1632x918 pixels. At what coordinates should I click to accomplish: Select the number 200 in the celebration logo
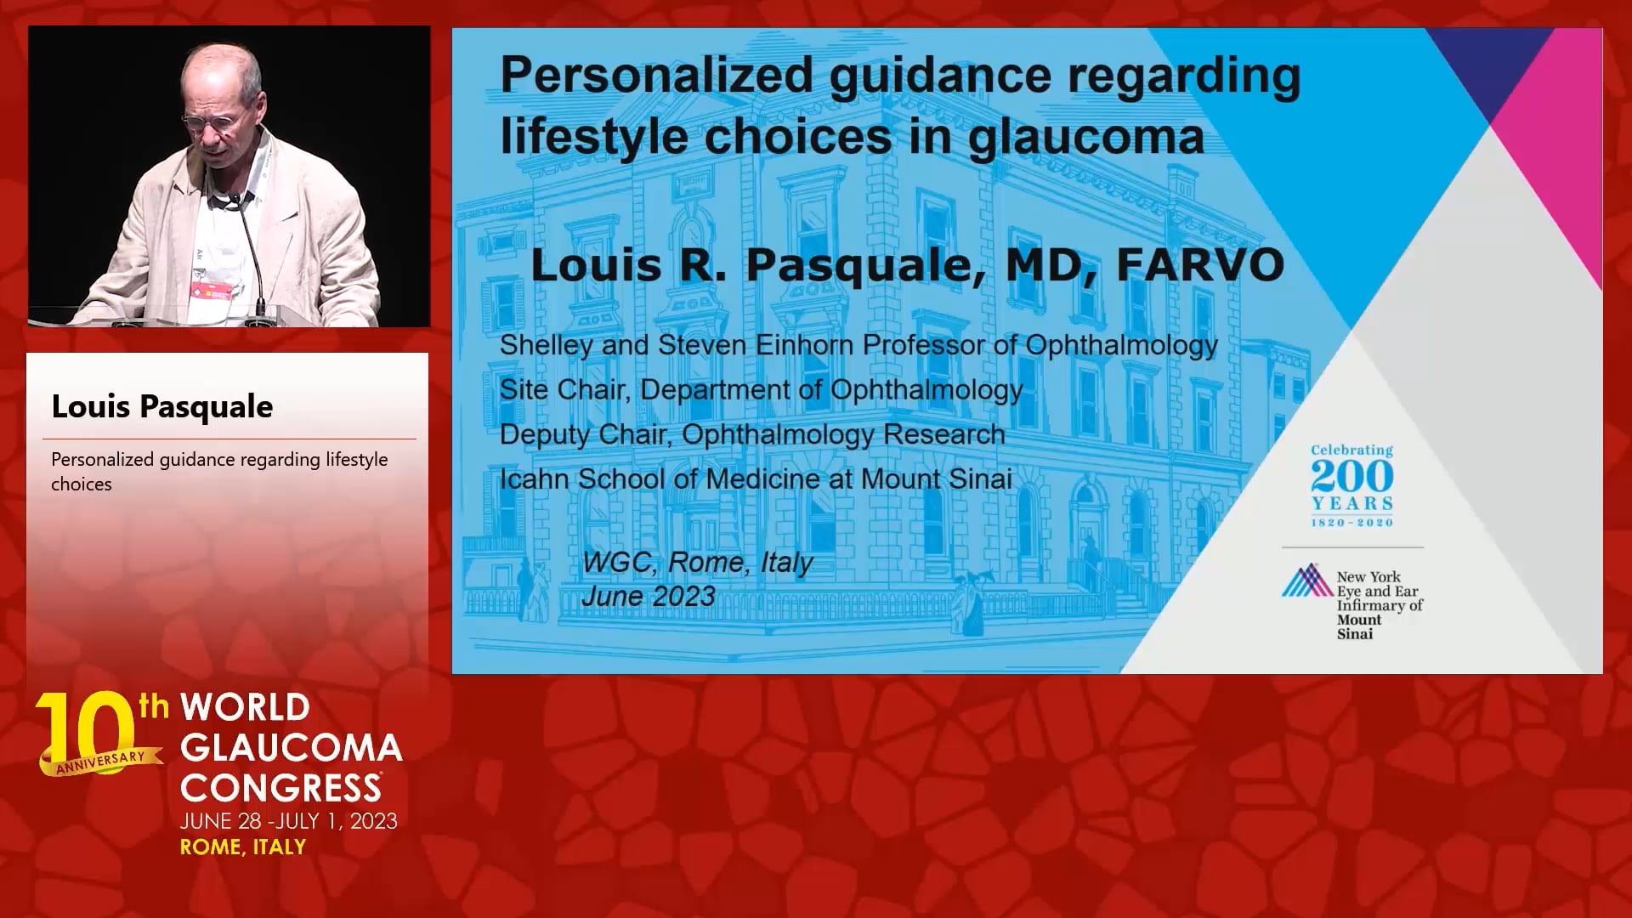[1351, 477]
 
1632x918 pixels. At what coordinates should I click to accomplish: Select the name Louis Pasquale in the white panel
[162, 406]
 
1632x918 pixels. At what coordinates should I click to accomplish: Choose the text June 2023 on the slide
[649, 597]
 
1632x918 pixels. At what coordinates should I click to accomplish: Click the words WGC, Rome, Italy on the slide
[698, 562]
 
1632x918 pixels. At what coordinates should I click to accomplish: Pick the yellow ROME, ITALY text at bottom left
[243, 847]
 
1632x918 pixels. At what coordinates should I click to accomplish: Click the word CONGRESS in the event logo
[280, 788]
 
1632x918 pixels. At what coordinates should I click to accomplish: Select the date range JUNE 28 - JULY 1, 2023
[289, 821]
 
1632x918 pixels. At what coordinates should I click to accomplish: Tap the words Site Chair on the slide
[564, 389]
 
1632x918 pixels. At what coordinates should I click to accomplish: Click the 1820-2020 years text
[1351, 523]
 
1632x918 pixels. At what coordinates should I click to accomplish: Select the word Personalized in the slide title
[656, 75]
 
